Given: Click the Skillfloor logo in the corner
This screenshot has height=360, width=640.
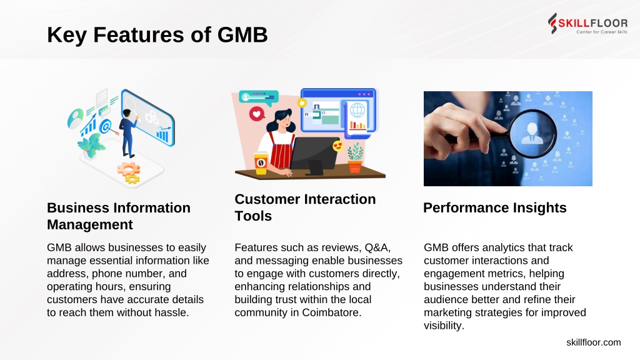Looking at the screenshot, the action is click(x=587, y=24).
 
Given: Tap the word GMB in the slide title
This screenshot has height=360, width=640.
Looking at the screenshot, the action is click(x=242, y=35).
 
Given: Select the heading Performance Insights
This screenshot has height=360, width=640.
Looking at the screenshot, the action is click(x=495, y=207).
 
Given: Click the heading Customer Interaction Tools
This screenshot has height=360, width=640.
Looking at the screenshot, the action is click(x=305, y=207).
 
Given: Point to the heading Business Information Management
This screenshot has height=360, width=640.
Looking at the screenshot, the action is click(x=118, y=216).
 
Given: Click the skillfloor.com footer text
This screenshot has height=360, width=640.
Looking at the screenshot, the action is click(x=594, y=342).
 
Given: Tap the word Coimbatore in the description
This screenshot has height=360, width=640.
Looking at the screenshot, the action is click(x=331, y=312).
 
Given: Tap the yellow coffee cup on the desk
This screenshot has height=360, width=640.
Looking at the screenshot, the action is click(x=261, y=163).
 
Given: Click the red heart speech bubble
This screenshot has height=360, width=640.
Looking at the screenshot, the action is click(x=257, y=114).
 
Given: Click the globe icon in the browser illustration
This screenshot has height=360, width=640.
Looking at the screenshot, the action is click(x=357, y=110).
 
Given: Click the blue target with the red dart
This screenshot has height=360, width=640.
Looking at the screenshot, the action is click(x=105, y=127).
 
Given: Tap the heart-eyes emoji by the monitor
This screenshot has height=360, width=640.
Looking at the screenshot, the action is click(x=337, y=145).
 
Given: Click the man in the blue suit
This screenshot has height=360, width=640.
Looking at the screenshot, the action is click(x=128, y=133).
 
